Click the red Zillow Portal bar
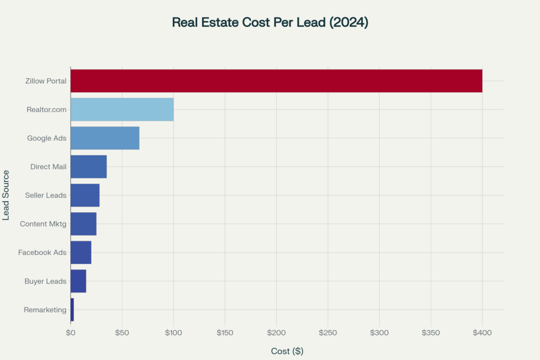pyautogui.click(x=276, y=81)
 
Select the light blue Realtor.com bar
pyautogui.click(x=122, y=110)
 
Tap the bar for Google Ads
pyautogui.click(x=105, y=138)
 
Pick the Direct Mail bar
pyautogui.click(x=89, y=167)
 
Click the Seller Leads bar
pyautogui.click(x=85, y=195)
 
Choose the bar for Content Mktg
pyautogui.click(x=83, y=223)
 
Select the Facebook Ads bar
pyautogui.click(x=81, y=252)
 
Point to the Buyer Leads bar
pyautogui.click(x=78, y=281)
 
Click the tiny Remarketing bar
pyautogui.click(x=72, y=309)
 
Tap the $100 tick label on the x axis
pyautogui.click(x=173, y=333)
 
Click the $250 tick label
pyautogui.click(x=328, y=333)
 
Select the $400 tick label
pyautogui.click(x=482, y=333)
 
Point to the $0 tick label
pyautogui.click(x=70, y=333)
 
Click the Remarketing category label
pyautogui.click(x=45, y=310)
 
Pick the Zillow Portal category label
pyautogui.click(x=46, y=81)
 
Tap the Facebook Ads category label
pyautogui.click(x=42, y=252)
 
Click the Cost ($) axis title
pyautogui.click(x=287, y=351)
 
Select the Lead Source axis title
pyautogui.click(x=6, y=195)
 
